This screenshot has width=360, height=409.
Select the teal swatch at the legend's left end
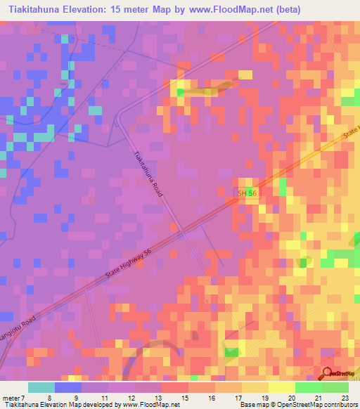[41, 387]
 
